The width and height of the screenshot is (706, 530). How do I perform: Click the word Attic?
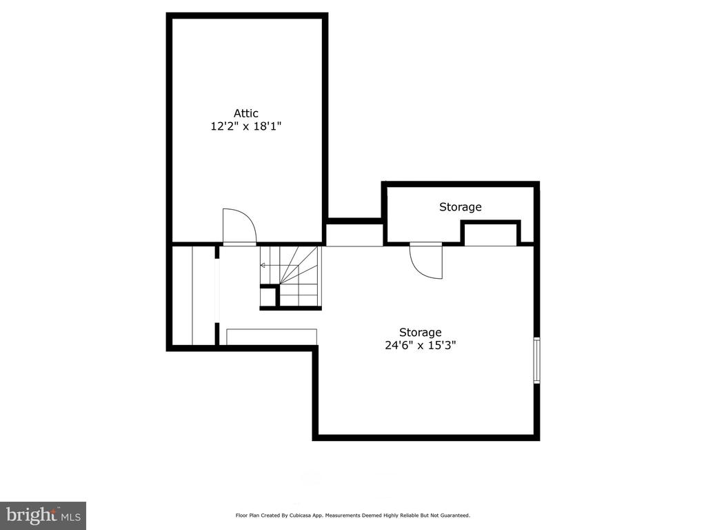(x=246, y=113)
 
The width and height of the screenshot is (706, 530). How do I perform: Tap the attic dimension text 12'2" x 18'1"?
(x=246, y=126)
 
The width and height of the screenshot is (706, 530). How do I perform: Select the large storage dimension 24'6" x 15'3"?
(x=421, y=345)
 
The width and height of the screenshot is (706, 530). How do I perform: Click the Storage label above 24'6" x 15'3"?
(x=421, y=333)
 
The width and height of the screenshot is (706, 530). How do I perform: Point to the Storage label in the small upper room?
(x=460, y=207)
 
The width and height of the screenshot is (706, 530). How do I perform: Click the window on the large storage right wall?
(x=536, y=360)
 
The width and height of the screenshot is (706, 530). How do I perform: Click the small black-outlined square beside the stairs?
(x=268, y=296)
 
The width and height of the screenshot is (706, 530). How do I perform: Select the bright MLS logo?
(x=43, y=516)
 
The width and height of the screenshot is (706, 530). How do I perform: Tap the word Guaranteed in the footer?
(x=456, y=515)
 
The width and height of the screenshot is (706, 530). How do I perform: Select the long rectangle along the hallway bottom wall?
(x=272, y=337)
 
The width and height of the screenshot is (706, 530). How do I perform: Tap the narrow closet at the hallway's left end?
(x=194, y=295)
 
